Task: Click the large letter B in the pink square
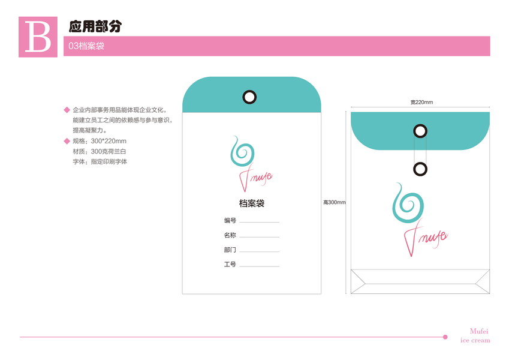38,37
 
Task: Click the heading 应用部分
96,26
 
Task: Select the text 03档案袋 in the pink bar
87,46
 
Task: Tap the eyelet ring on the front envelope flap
249,96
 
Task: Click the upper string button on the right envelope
420,131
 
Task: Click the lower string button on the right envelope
420,169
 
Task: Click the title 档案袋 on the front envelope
252,203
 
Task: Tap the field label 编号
230,221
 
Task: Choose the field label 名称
230,235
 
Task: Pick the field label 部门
230,250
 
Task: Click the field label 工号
230,265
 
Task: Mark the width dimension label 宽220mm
421,102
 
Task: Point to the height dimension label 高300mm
334,202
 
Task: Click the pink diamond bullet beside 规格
67,141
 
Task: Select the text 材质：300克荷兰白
100,151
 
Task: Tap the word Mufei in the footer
480,331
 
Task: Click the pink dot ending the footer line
445,337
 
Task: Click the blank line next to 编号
259,222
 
